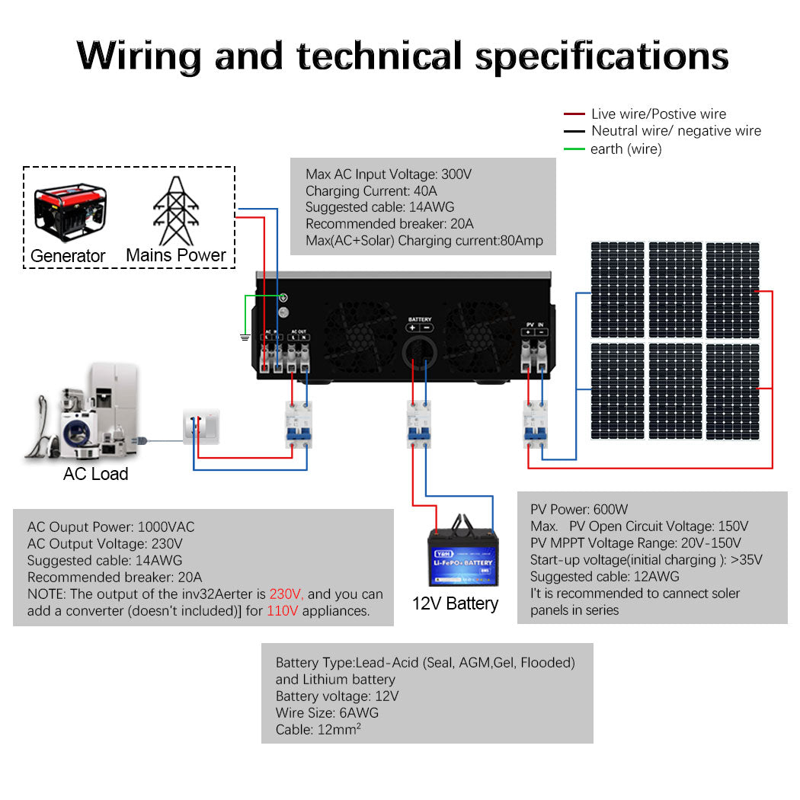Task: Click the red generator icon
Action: (70, 211)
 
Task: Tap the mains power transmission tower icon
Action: (176, 210)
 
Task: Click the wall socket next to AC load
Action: (201, 427)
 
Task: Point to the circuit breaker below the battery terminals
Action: (418, 424)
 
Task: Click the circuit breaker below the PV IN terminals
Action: (535, 424)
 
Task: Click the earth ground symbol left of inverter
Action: (245, 336)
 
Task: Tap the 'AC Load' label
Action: (95, 474)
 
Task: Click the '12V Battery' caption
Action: (455, 603)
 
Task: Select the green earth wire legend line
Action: (574, 149)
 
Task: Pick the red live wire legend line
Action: (574, 114)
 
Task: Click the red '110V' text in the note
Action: (281, 611)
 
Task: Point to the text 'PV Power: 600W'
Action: (579, 509)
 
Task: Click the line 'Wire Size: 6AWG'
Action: (327, 713)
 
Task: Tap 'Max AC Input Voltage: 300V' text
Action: (389, 174)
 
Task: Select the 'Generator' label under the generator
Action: (68, 256)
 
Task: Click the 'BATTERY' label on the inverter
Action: (420, 319)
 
